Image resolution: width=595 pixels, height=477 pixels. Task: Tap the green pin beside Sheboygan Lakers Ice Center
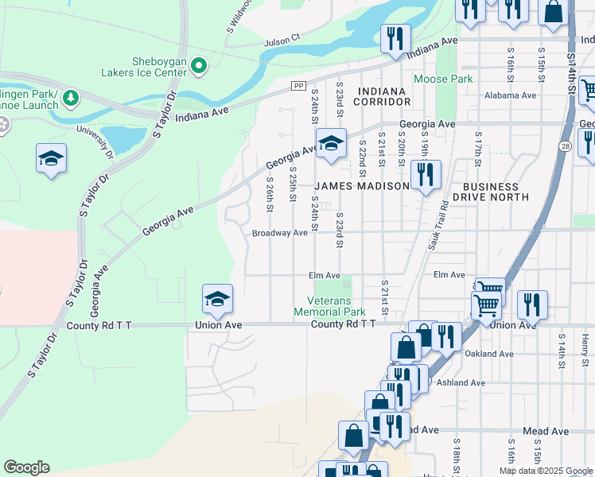[x=199, y=66]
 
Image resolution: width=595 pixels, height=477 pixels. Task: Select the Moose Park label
[x=443, y=79]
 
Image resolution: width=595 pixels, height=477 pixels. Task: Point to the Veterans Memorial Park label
[x=336, y=306]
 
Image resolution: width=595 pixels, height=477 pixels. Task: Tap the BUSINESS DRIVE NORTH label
[x=491, y=191]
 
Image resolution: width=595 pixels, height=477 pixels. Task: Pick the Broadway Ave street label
[x=279, y=233]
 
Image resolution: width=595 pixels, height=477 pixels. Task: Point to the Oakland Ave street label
[x=486, y=354]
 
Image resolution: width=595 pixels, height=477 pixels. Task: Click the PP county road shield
[x=298, y=86]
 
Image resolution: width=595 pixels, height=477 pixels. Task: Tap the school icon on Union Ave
[x=216, y=300]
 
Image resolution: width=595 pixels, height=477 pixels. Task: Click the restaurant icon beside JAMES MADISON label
[x=426, y=174]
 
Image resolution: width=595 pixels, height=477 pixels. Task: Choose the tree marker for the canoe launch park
[x=72, y=98]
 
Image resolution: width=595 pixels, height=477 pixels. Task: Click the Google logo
[x=26, y=467]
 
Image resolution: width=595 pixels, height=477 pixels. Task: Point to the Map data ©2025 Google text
[x=545, y=471]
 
